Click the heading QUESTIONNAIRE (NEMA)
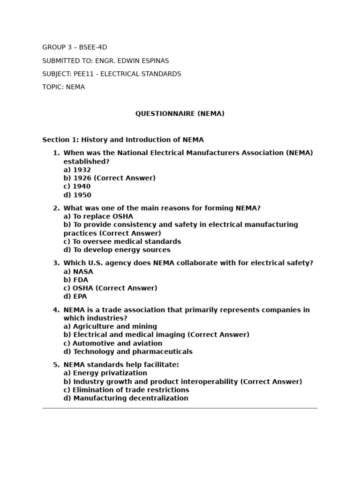(180, 114)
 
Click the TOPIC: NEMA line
(64, 87)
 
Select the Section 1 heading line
(123, 140)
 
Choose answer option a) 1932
(77, 170)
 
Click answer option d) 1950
(77, 195)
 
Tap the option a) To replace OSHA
(98, 216)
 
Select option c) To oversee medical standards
(122, 241)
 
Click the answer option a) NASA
(78, 271)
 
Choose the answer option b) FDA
(75, 280)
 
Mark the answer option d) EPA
(75, 296)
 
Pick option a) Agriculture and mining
(110, 326)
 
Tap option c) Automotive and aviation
(112, 343)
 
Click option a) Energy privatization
(105, 373)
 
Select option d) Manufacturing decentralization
(126, 398)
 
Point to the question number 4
(56, 310)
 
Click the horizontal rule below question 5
(180, 408)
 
